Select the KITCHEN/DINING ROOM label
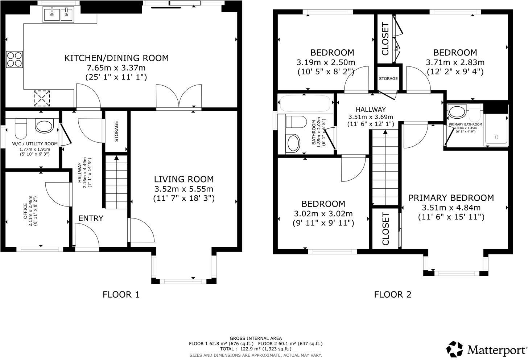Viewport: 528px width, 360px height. tap(116, 58)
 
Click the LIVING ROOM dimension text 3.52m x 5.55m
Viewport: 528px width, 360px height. tap(184, 189)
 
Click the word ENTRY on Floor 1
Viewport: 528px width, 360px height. tap(91, 218)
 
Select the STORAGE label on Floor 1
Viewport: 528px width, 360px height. tap(116, 131)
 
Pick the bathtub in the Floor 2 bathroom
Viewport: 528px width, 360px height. tap(305, 104)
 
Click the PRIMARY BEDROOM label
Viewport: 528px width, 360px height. tap(451, 198)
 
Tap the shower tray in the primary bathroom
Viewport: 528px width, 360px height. tap(496, 131)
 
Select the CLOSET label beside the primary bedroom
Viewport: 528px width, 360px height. tap(385, 229)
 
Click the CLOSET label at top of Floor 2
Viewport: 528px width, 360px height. tap(385, 39)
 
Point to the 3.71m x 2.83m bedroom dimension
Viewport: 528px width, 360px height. tap(455, 62)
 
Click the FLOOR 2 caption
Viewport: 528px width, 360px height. tap(393, 294)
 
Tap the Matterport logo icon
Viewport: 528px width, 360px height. tap(454, 349)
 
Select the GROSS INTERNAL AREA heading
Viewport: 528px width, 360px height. tap(256, 338)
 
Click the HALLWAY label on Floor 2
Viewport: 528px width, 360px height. tap(371, 109)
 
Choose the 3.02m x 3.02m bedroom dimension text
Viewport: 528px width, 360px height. tap(323, 214)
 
